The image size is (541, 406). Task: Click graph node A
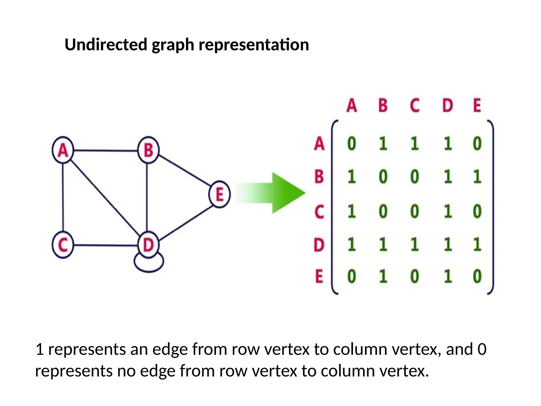(63, 150)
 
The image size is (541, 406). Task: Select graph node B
(148, 150)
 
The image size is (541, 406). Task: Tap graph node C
(63, 245)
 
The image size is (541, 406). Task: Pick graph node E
(220, 194)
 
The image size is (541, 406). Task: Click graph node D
(148, 245)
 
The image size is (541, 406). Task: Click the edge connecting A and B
(106, 151)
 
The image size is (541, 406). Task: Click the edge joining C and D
(106, 245)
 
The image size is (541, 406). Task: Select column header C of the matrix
(414, 105)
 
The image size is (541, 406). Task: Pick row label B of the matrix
(319, 176)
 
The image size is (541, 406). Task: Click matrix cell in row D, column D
(447, 244)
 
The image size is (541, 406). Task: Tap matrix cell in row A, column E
(477, 144)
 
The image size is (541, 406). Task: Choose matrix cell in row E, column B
(383, 276)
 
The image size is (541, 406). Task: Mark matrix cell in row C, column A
(351, 211)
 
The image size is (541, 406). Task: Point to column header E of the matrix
(477, 105)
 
